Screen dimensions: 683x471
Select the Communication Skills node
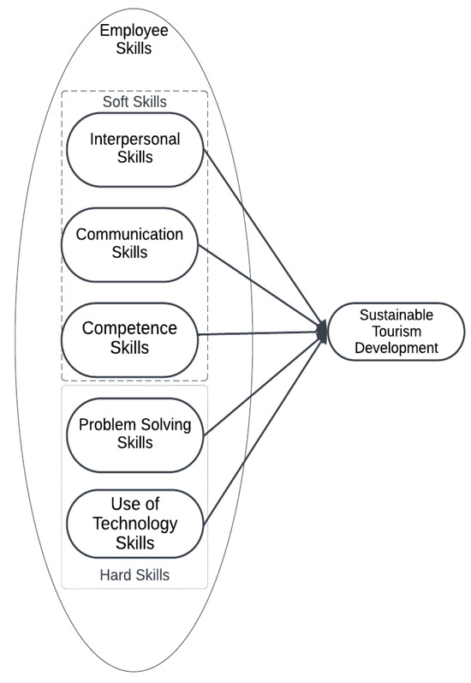[x=129, y=243]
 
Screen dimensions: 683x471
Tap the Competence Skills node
[x=129, y=338]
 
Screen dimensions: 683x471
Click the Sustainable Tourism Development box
[x=396, y=332]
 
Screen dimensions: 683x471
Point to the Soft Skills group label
[x=134, y=102]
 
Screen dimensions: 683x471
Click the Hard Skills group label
[x=134, y=575]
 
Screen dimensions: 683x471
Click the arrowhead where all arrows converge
[x=323, y=332]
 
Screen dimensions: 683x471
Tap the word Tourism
[x=396, y=332]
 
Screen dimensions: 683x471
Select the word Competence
[x=129, y=328]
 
